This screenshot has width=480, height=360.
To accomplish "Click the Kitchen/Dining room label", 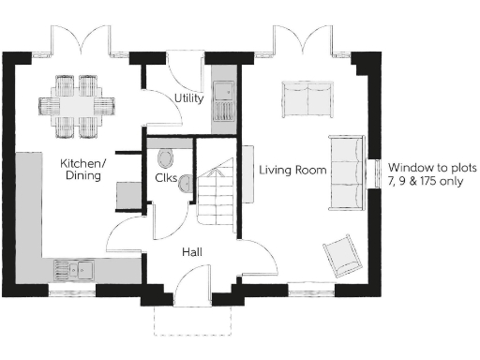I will coord(84,171).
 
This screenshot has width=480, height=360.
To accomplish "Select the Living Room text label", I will coord(292,170).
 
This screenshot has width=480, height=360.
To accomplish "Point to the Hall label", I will coord(192,252).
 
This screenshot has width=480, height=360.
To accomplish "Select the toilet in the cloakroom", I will coord(166,156).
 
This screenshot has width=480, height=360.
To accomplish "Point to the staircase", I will coord(215,197).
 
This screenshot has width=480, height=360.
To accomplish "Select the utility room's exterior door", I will coord(177,74).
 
